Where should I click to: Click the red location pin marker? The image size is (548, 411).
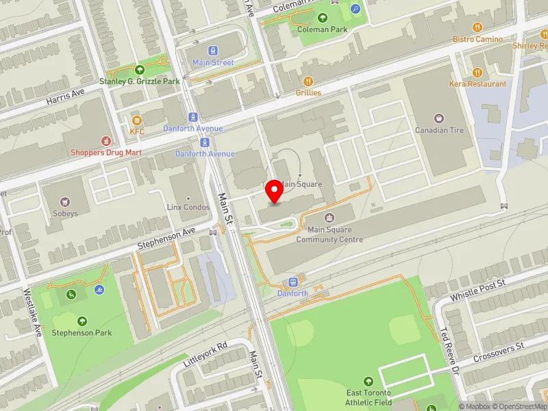point(275,191)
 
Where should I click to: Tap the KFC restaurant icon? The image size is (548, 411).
point(137,121)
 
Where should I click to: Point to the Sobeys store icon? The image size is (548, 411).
point(65,202)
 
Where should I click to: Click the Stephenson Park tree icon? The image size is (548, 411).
point(82,321)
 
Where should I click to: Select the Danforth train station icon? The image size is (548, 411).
point(292,282)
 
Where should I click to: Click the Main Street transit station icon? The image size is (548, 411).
point(213,51)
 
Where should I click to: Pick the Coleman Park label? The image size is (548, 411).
point(322,30)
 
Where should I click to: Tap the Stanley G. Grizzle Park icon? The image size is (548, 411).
point(140,69)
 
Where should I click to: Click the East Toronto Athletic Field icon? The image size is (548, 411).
point(369,382)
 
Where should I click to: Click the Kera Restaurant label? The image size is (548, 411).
point(478,84)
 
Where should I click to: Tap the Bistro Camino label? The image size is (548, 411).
point(477,39)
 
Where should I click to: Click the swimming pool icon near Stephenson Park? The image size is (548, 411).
point(101,290)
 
